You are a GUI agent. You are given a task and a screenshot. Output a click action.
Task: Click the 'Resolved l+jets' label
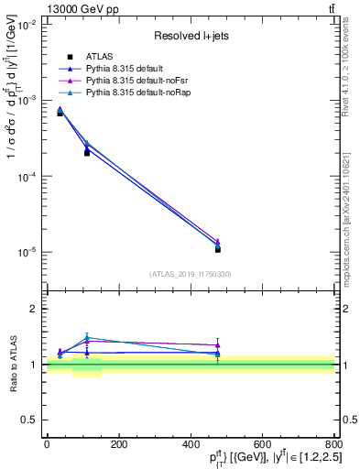click(190, 36)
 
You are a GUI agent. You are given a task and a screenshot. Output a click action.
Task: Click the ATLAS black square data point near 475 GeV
click(217, 249)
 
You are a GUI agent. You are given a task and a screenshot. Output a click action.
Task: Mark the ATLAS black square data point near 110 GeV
click(87, 153)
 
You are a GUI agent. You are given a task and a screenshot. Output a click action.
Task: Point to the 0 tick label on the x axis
click(47, 444)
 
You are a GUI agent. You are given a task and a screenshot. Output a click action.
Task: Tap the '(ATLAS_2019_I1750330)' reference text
click(190, 274)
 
